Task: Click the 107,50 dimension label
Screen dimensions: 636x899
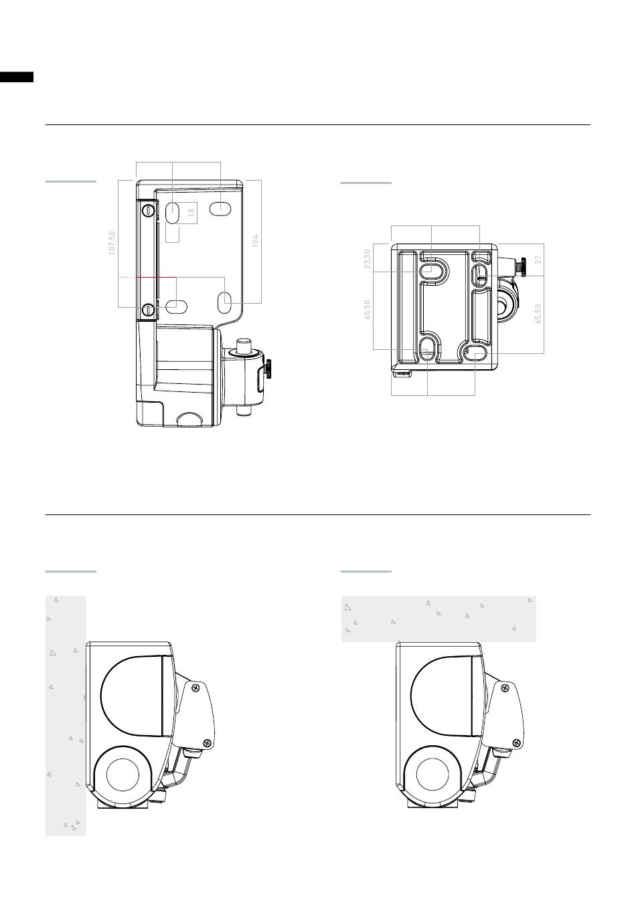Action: pos(112,242)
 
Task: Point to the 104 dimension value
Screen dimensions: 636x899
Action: pos(255,241)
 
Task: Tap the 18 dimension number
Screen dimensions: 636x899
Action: pos(192,210)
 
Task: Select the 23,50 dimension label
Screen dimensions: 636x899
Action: pos(367,259)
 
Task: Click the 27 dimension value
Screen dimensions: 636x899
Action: pos(538,260)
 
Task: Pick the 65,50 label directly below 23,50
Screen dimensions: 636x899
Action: pos(367,310)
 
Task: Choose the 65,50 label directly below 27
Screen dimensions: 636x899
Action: pos(538,314)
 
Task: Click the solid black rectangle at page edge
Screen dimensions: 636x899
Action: pos(17,77)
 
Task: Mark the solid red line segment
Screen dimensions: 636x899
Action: pos(156,277)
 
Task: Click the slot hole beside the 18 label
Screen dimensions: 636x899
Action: pos(172,212)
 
